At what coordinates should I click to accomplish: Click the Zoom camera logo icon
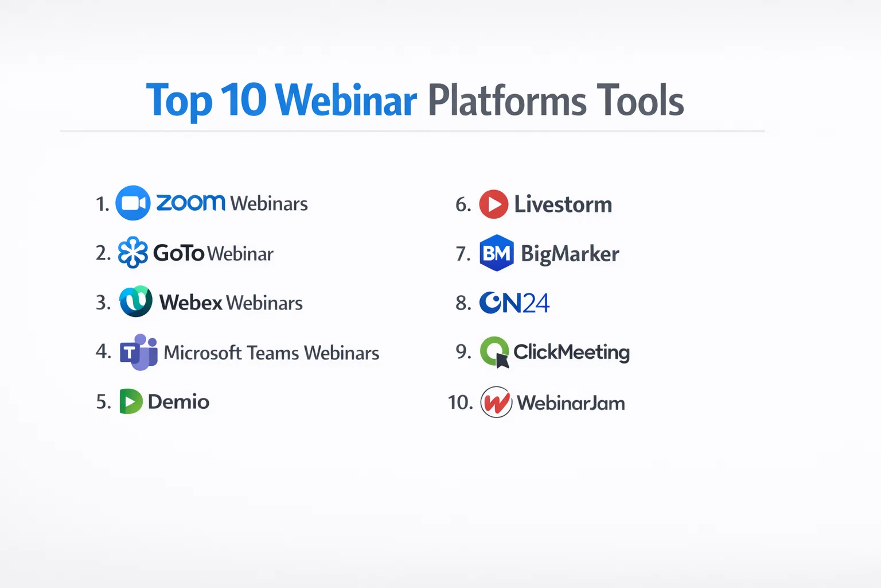click(132, 203)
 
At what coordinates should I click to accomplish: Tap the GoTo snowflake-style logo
click(133, 253)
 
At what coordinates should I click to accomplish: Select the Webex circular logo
click(136, 301)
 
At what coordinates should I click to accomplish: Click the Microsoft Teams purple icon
click(139, 352)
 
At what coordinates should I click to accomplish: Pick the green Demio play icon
click(131, 401)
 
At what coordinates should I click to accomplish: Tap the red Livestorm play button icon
click(494, 204)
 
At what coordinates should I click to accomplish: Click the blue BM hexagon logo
click(497, 253)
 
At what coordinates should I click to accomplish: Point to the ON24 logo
click(514, 303)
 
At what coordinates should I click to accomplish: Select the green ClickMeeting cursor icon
click(495, 351)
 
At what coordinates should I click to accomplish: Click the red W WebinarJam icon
click(496, 402)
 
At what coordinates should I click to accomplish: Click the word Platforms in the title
click(507, 100)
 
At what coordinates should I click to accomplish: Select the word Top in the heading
click(180, 101)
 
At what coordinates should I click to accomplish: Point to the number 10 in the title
click(244, 100)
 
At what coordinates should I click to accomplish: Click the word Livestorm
click(563, 204)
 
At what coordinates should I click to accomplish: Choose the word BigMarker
click(570, 254)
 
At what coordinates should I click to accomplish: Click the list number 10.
click(460, 403)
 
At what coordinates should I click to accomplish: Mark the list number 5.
click(103, 402)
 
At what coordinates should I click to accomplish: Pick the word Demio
click(178, 402)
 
